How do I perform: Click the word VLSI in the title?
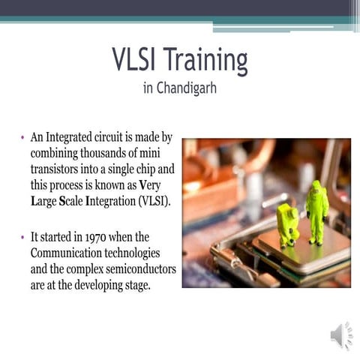coord(134,60)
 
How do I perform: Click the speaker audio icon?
coord(340,335)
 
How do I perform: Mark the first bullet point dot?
coord(23,138)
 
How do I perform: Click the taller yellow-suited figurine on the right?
coord(316,210)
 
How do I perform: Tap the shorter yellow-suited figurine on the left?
coord(287,223)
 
